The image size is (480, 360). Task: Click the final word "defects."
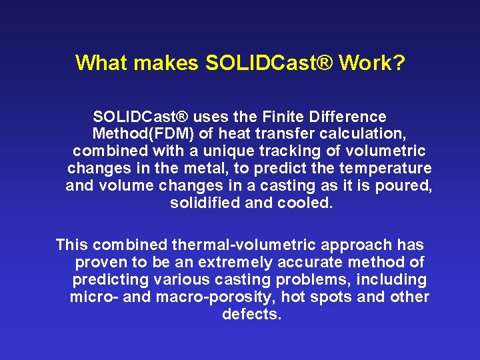pos(251,315)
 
